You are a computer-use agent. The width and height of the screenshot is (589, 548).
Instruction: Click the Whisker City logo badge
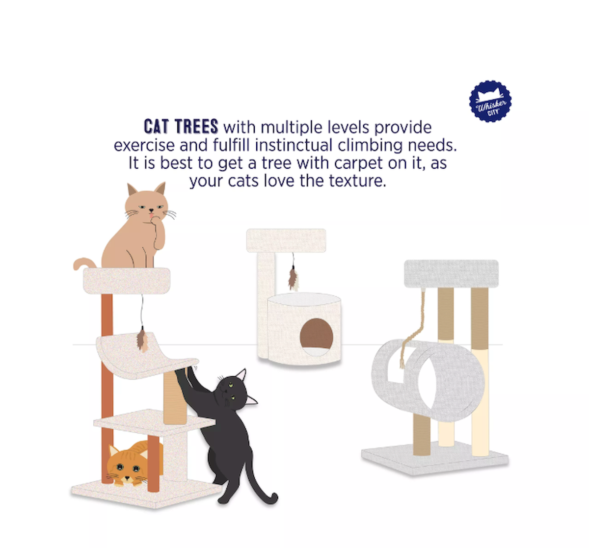pos(490,102)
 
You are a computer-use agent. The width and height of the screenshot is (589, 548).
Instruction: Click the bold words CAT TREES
pos(181,127)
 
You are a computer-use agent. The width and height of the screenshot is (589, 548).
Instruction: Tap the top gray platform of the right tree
pos(451,274)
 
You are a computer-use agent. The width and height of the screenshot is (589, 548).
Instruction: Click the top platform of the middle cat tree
pos(286,240)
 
